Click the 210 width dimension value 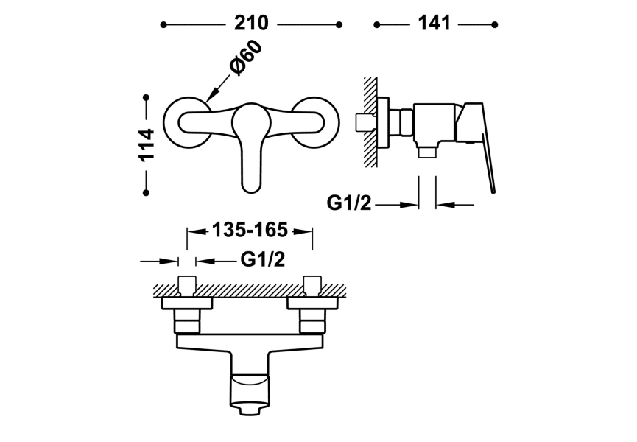pyautogui.click(x=251, y=23)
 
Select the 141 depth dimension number pyautogui.click(x=434, y=23)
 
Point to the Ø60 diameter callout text pyautogui.click(x=245, y=57)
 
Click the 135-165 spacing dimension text pyautogui.click(x=250, y=230)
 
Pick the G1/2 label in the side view pyautogui.click(x=349, y=203)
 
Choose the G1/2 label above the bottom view pyautogui.click(x=263, y=259)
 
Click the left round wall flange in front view pyautogui.click(x=171, y=122)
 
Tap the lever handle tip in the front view pyautogui.click(x=251, y=188)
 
